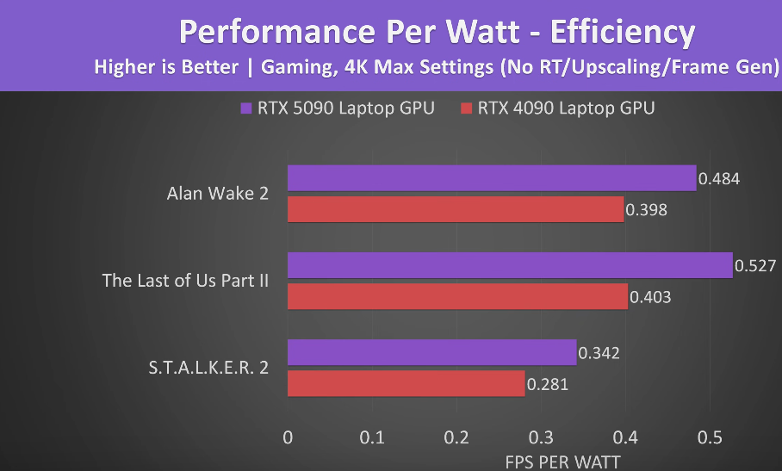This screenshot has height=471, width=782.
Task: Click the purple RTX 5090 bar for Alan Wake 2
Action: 491,178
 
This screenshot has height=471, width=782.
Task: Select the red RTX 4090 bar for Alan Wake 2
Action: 455,209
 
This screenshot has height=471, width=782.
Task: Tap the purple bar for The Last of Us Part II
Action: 509,265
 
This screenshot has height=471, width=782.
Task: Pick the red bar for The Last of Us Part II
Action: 457,296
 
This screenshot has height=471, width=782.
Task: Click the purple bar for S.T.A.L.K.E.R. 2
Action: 431,352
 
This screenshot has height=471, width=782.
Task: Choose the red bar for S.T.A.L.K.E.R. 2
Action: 406,383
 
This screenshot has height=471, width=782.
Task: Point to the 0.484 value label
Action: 719,178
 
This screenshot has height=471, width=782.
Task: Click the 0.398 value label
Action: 647,209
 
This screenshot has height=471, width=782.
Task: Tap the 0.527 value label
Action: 755,265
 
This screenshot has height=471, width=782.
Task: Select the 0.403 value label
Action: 650,297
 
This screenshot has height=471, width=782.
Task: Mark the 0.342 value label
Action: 599,352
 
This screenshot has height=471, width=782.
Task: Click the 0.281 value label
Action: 547,384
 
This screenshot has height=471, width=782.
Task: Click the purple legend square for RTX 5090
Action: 246,108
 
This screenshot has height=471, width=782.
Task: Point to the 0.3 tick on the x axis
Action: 541,437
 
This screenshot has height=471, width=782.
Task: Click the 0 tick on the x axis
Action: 288,437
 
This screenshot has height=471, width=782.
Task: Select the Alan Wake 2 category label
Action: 217,193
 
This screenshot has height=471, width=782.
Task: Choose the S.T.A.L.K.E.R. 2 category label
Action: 208,367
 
